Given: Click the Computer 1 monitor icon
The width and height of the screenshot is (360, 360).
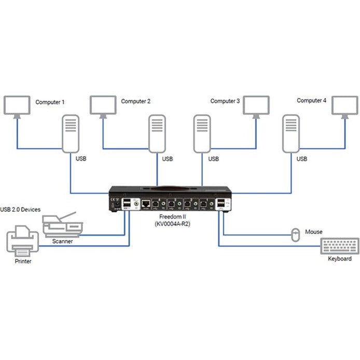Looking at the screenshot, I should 18,105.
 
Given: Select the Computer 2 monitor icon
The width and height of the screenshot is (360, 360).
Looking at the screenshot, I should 103,105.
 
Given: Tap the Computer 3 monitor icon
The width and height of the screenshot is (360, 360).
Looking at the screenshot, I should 257,105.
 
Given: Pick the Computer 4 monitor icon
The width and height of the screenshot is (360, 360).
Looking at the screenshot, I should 343,105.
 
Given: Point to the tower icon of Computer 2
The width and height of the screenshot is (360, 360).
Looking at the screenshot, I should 157,134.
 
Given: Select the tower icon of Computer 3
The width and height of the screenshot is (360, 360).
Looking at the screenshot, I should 201,134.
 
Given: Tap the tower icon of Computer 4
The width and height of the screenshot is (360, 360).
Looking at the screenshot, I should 291,134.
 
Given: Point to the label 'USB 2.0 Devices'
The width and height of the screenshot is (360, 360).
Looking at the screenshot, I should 21,210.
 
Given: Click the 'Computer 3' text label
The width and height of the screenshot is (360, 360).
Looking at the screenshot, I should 225,102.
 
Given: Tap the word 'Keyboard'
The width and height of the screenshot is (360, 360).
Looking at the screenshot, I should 340,258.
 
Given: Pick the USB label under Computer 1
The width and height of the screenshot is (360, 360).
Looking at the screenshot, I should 81,159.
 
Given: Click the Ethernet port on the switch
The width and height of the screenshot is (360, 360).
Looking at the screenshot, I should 147,203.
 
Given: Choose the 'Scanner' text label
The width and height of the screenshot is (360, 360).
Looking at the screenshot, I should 62,241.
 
